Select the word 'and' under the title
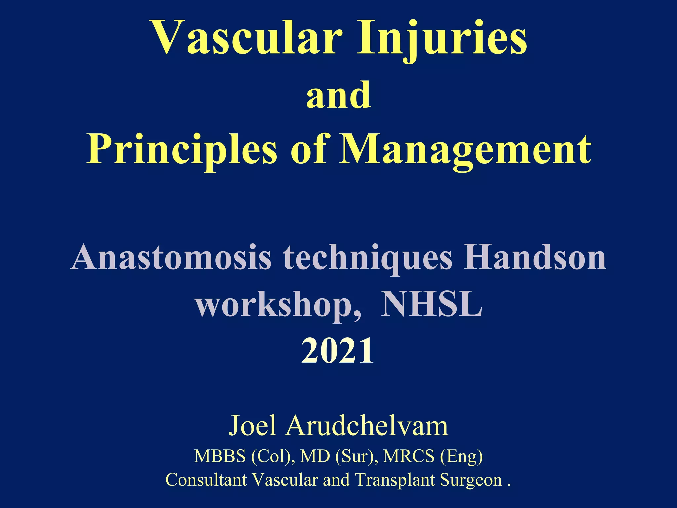[338, 96]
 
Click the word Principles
[181, 150]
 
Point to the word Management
[465, 150]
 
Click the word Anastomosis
[171, 258]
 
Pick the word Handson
[535, 258]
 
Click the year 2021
[338, 351]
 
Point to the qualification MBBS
[220, 456]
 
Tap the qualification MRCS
[409, 456]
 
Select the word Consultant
[206, 480]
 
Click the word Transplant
[395, 480]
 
